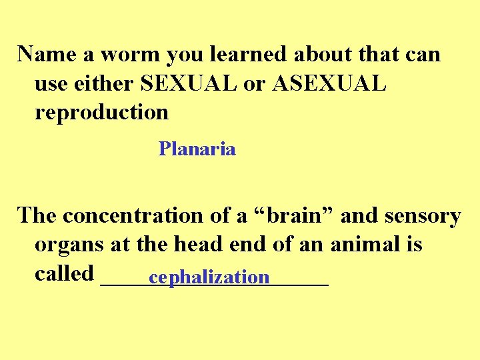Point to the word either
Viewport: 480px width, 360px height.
[x=104, y=83]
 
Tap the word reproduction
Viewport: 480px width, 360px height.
[x=101, y=113]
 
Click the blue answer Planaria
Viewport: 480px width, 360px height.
[x=197, y=149]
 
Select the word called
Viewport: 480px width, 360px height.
[x=63, y=273]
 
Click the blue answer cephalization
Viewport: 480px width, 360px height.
[x=209, y=276]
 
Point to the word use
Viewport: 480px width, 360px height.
[x=51, y=83]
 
